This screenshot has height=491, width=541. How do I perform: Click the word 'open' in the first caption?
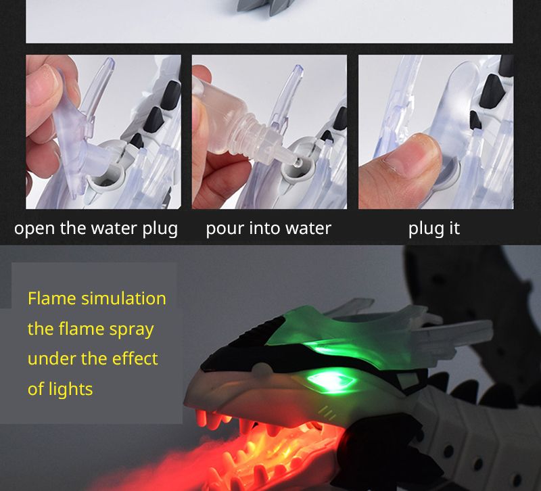click(x=34, y=229)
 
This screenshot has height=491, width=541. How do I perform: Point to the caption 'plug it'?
click(x=433, y=229)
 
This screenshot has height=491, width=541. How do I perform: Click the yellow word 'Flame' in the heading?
click(x=52, y=298)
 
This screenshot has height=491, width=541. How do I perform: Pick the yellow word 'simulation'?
click(x=124, y=298)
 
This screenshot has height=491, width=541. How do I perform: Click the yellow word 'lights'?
click(x=70, y=389)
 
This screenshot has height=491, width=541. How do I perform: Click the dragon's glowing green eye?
click(x=331, y=381)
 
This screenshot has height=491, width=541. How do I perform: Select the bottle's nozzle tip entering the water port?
click(x=293, y=160)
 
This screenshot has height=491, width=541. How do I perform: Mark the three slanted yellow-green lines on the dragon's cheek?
click(x=327, y=413)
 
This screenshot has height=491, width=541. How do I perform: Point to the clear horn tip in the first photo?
click(x=109, y=64)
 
